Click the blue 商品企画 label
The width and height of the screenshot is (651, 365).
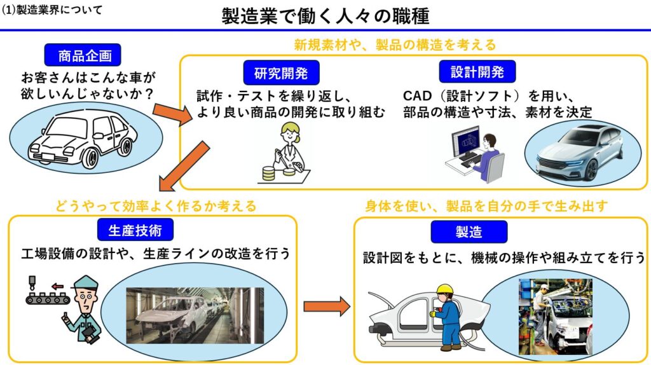point(83,55)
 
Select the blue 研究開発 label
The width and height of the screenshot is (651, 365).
point(281,72)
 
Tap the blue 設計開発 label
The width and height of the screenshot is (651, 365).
point(477,72)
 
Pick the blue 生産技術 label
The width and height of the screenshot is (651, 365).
point(135,230)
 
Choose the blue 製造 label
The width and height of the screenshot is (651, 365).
point(469,231)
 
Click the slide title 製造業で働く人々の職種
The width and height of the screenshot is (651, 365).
point(325,16)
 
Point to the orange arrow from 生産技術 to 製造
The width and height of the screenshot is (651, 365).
point(327,306)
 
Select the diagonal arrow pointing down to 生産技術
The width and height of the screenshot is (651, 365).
point(184,166)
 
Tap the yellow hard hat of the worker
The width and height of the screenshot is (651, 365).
point(444,289)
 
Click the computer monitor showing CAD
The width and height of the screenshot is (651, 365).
point(465,142)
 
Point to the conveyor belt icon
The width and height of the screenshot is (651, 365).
point(48,298)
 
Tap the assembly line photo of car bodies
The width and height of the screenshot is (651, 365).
point(195,315)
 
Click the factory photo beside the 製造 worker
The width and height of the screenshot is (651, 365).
point(556,317)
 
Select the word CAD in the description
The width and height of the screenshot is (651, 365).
point(417,96)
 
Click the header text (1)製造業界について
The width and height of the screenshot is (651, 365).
point(51,10)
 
